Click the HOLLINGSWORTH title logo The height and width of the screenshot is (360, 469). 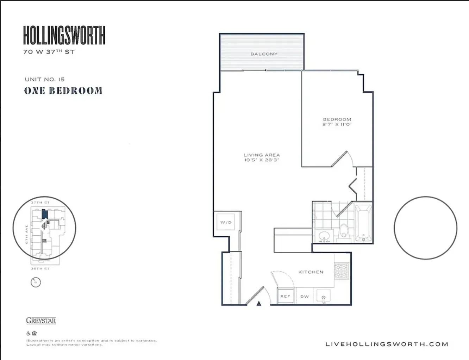[x=64, y=35]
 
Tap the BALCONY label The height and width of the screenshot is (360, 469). [x=264, y=54]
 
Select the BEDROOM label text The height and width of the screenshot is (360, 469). [x=337, y=119]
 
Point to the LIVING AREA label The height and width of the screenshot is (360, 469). [x=262, y=155]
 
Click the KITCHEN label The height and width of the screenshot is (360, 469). [x=311, y=272]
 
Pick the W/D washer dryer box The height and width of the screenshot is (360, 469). [x=226, y=222]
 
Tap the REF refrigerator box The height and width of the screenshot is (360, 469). [x=285, y=296]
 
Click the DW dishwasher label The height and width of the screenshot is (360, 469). [x=305, y=297]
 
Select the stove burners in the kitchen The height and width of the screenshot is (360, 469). [x=341, y=271]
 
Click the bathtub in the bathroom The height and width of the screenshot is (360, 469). [x=363, y=223]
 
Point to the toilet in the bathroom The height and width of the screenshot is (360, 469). [x=343, y=232]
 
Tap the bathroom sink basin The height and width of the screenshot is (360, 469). [x=324, y=235]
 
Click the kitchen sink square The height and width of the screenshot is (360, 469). [x=323, y=297]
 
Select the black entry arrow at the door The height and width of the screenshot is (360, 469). [x=259, y=303]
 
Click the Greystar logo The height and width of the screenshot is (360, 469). [x=41, y=321]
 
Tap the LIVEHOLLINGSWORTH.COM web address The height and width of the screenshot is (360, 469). [x=387, y=344]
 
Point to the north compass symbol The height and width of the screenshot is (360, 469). [x=36, y=282]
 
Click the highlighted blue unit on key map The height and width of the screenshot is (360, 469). [x=44, y=214]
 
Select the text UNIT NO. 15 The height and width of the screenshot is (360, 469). [x=45, y=79]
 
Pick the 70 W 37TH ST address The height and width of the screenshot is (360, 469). [x=49, y=52]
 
